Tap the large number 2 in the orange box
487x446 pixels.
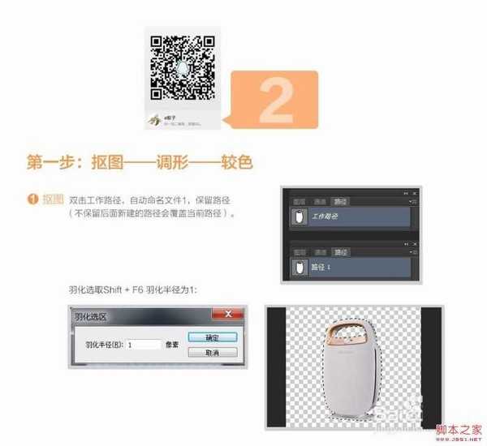pos(275,101)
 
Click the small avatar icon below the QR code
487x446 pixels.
pos(154,118)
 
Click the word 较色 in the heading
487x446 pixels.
pos(236,161)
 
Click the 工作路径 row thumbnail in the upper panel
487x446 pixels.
pos(299,217)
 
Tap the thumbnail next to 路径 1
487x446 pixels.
pos(299,265)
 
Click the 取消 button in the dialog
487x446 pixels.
pos(212,353)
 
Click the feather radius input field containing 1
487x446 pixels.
pos(143,344)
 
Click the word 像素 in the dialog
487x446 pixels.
pos(171,344)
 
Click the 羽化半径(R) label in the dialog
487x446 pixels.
pos(105,344)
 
